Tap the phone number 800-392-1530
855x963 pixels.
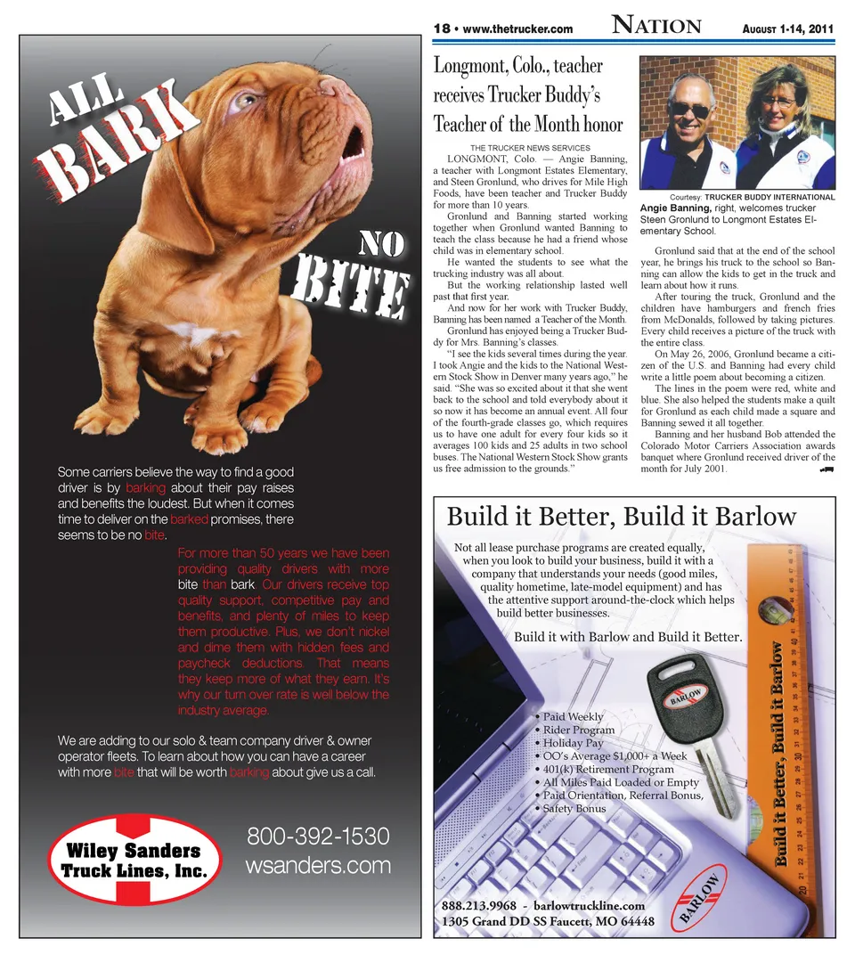[318, 837]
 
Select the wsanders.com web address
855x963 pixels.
[318, 865]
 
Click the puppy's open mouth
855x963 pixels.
[352, 141]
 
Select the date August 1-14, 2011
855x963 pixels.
[787, 29]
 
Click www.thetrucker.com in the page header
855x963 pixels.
[517, 29]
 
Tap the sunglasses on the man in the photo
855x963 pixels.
[689, 109]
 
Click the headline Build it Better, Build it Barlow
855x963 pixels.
[621, 517]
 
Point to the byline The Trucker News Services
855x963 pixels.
[530, 147]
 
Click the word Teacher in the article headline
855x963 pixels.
[468, 123]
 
